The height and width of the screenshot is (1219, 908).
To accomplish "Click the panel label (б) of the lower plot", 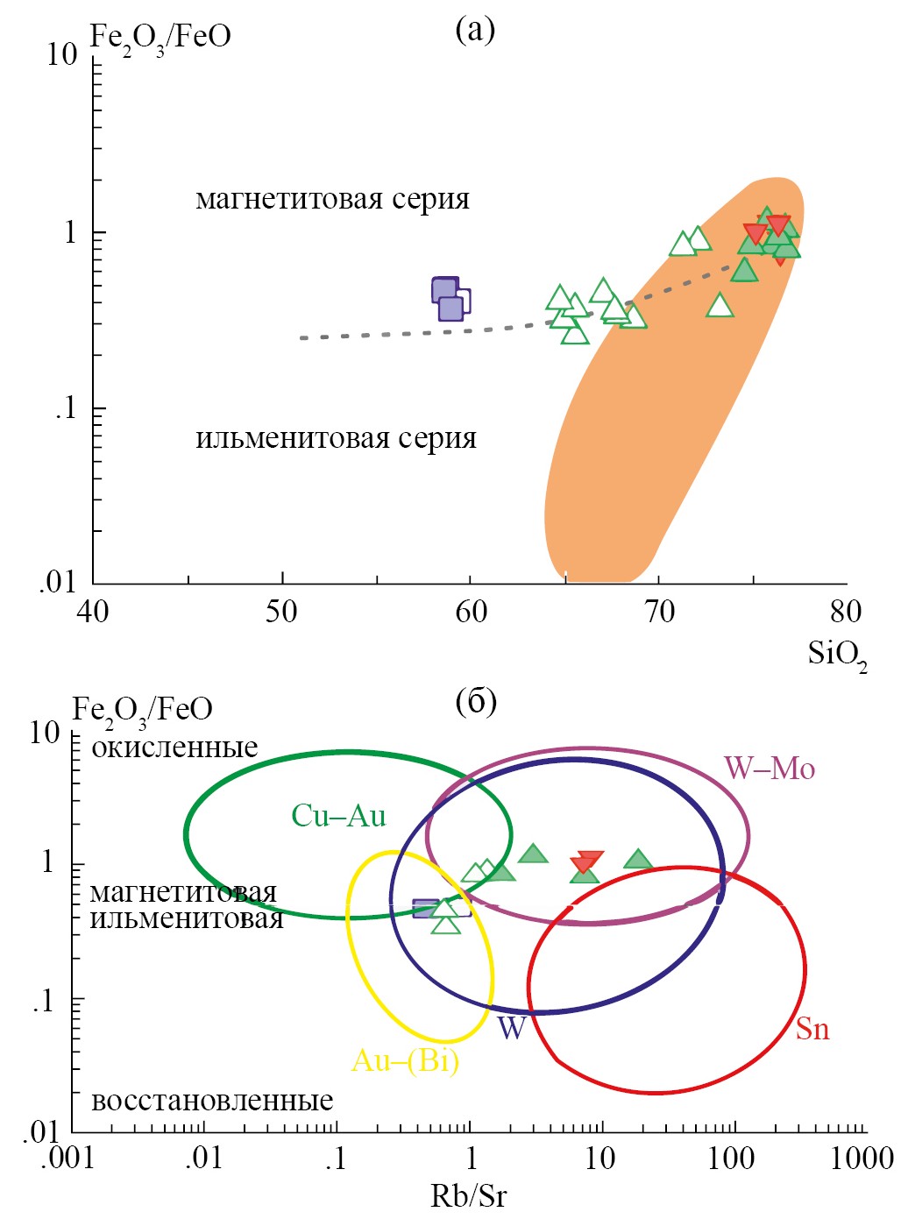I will pyautogui.click(x=477, y=701).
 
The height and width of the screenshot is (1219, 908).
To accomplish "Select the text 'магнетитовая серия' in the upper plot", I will pyautogui.click(x=333, y=200).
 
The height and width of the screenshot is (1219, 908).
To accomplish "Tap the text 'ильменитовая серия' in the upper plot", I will pyautogui.click(x=336, y=437).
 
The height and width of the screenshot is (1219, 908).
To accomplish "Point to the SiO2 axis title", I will pyautogui.click(x=837, y=655).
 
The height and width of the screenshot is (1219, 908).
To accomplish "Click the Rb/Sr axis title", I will pyautogui.click(x=468, y=1196).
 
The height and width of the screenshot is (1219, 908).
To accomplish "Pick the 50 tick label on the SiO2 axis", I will pyautogui.click(x=281, y=612).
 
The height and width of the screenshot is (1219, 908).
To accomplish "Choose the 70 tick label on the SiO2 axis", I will pyautogui.click(x=659, y=612).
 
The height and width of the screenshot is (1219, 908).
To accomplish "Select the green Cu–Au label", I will pyautogui.click(x=338, y=817).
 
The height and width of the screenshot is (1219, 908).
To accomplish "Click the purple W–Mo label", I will pyautogui.click(x=769, y=769).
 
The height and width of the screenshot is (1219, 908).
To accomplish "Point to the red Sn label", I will pyautogui.click(x=812, y=1029).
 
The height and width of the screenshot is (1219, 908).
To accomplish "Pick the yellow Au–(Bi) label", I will pyautogui.click(x=405, y=1061).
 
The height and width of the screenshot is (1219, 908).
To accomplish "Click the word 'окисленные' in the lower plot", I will pyautogui.click(x=174, y=748).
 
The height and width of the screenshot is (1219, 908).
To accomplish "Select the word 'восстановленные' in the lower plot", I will pyautogui.click(x=212, y=1101).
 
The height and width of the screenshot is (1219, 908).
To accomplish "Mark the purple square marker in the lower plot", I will pyautogui.click(x=427, y=909).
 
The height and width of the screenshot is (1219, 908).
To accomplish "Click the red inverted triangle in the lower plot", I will pyautogui.click(x=589, y=862).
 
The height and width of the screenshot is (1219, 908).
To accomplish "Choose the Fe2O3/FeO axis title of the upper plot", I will pyautogui.click(x=161, y=39).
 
